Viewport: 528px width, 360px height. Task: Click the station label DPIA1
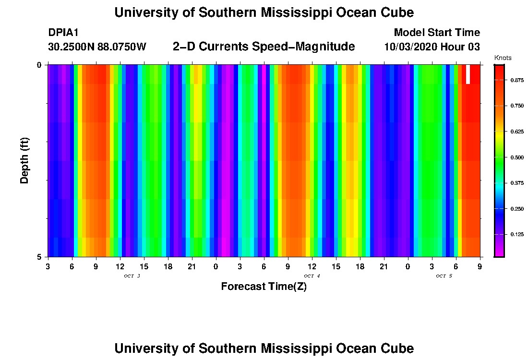[x=63, y=33]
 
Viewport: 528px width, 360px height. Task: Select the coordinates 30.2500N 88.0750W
[x=97, y=47]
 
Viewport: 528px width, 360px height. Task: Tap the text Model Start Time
[x=436, y=33]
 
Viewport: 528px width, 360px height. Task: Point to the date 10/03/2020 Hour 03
[x=432, y=47]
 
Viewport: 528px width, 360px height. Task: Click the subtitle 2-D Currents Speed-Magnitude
[x=264, y=47]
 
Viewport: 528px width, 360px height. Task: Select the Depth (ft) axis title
[x=25, y=160]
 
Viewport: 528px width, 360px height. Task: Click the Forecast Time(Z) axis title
[x=264, y=287]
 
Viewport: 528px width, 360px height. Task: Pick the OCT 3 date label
[x=132, y=276]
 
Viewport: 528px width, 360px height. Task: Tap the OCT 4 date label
[x=312, y=276]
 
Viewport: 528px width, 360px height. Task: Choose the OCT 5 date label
[x=444, y=276]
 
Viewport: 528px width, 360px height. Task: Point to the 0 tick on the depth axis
[x=39, y=65]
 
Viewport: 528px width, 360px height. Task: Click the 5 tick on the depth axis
[x=39, y=257]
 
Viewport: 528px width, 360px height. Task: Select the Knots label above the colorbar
[x=503, y=58]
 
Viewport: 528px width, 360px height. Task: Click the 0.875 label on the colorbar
[x=517, y=80]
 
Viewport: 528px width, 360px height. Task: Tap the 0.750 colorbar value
[x=517, y=106]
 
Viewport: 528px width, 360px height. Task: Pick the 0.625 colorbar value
[x=517, y=132]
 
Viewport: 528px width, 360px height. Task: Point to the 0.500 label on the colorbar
[x=517, y=157]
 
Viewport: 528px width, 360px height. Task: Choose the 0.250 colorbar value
[x=517, y=209]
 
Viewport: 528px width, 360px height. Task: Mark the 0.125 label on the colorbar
[x=517, y=234]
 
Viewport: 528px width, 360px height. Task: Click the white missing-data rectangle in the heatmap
[x=468, y=74]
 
